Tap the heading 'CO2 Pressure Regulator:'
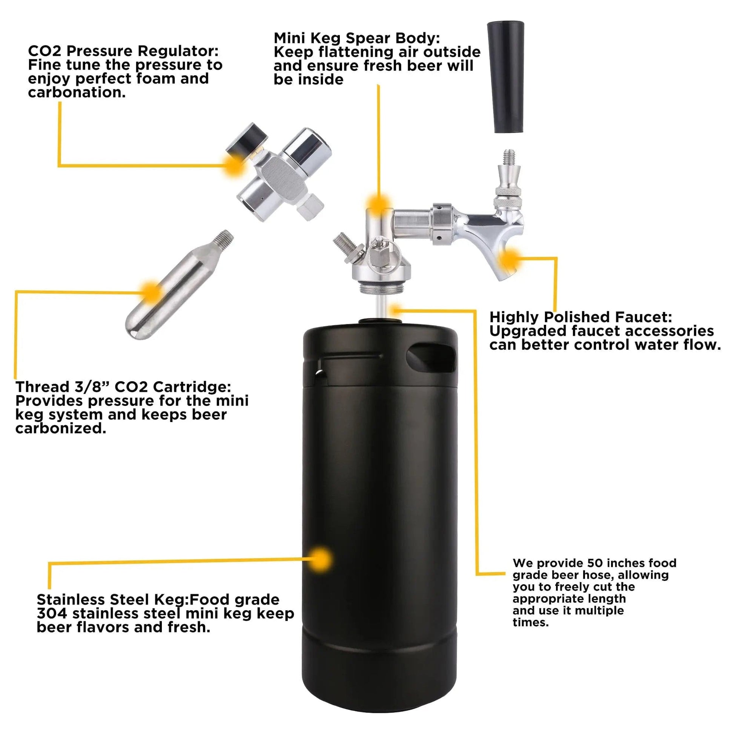pos(123,51)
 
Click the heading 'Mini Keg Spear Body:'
pos(356,38)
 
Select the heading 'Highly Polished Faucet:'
pos(580,317)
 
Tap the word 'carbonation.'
pos(76,92)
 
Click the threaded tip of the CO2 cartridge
pos(225,238)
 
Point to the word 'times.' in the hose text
pos(530,622)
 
